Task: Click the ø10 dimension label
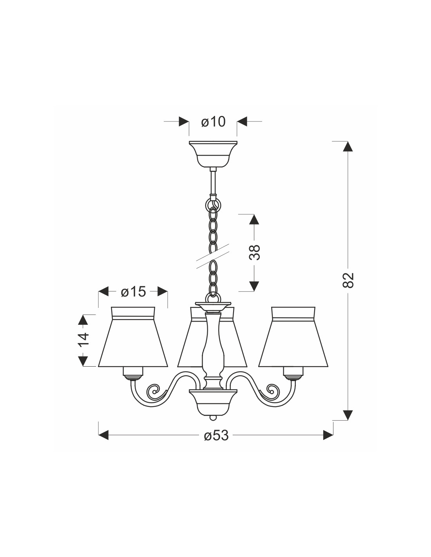click(213, 122)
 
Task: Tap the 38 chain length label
click(254, 253)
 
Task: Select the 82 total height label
click(348, 280)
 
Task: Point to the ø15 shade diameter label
click(133, 292)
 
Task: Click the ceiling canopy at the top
click(213, 154)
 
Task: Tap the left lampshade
click(133, 337)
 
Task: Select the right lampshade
click(293, 337)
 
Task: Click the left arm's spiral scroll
click(153, 398)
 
